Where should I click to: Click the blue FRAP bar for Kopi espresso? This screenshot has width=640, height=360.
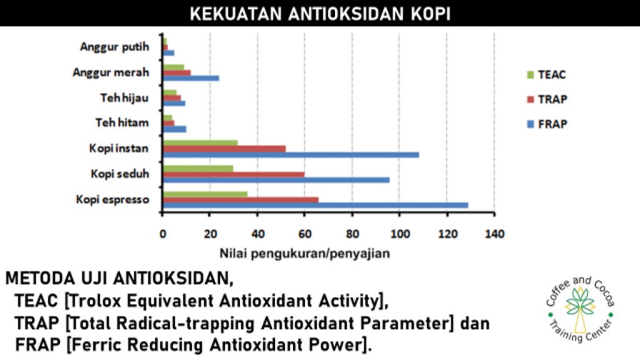click(x=316, y=205)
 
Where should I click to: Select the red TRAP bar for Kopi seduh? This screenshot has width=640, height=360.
click(x=234, y=175)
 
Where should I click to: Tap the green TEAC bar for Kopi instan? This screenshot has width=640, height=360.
click(x=200, y=143)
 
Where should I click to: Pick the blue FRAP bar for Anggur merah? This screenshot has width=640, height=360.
click(x=191, y=78)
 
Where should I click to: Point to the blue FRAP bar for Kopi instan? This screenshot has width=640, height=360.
click(x=291, y=155)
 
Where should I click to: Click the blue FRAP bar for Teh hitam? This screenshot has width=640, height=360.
click(x=175, y=129)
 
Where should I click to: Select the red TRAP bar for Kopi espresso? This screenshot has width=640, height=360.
click(x=241, y=200)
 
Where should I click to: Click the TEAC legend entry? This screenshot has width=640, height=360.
click(x=546, y=75)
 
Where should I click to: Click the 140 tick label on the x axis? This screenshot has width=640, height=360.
click(x=495, y=234)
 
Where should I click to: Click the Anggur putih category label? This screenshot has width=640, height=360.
click(x=115, y=47)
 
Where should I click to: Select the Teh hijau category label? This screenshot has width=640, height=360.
click(x=124, y=98)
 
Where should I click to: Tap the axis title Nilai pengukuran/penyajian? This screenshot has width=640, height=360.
click(x=305, y=254)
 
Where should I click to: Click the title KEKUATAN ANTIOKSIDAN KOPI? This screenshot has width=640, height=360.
click(x=320, y=14)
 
